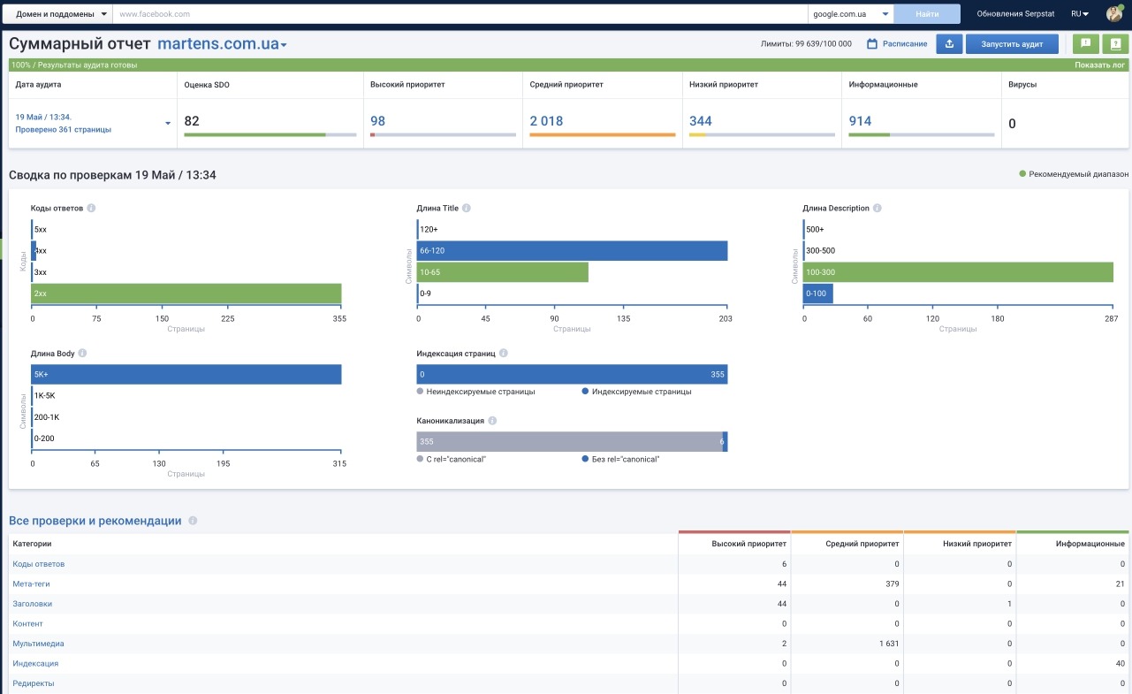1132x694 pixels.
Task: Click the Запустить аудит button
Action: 1012,44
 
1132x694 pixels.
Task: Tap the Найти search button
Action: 927,13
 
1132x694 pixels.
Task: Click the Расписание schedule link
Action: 897,44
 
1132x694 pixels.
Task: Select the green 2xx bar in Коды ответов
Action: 186,294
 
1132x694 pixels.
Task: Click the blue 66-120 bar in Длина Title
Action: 572,251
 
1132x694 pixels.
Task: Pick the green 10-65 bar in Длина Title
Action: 502,272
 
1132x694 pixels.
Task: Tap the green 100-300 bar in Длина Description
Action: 958,272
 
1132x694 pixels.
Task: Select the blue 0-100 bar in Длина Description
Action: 817,294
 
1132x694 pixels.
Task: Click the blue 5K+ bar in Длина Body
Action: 186,375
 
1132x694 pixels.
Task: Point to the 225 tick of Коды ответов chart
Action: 227,318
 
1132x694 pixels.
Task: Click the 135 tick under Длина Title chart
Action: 623,318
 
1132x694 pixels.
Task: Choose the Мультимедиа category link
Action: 38,644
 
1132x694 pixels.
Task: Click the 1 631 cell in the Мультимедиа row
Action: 889,644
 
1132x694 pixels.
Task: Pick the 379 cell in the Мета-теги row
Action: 892,583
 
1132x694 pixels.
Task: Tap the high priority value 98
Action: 377,121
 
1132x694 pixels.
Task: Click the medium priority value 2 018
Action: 546,121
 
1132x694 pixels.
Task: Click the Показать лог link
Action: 1099,65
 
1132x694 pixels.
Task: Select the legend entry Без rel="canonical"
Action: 620,459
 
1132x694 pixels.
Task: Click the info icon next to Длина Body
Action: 82,354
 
